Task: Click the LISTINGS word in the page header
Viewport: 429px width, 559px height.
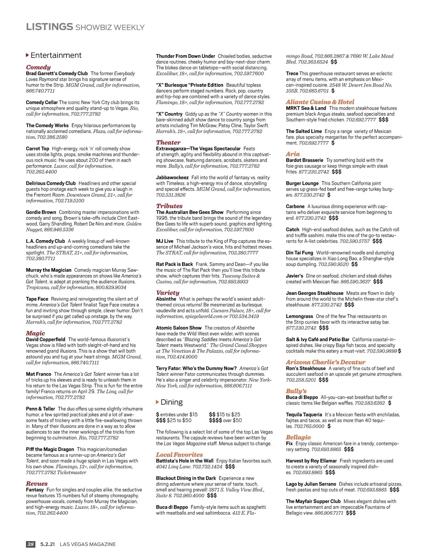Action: tap(49, 27)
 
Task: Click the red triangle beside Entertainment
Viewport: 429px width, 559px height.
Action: tap(28, 55)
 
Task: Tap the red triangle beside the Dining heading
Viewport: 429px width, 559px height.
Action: tap(158, 402)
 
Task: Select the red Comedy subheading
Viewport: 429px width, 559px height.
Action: tap(38, 67)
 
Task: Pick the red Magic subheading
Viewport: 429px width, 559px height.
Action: tap(35, 333)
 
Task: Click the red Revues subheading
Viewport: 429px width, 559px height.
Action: tap(36, 484)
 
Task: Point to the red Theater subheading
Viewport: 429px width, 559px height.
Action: tap(168, 142)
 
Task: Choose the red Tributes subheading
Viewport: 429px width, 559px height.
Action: tap(169, 206)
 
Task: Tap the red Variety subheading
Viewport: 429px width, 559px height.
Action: tap(168, 293)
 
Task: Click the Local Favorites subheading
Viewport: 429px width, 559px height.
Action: tap(179, 455)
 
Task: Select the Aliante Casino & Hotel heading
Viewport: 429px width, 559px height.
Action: tap(320, 102)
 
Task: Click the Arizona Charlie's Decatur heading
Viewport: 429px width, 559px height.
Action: tap(325, 362)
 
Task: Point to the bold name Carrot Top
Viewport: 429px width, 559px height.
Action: tap(38, 149)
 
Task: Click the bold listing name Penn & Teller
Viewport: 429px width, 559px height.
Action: tap(40, 409)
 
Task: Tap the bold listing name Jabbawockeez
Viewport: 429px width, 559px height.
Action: tap(172, 178)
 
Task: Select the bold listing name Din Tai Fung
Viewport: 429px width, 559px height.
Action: tap(299, 253)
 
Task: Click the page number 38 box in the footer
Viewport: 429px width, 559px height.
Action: tap(31, 544)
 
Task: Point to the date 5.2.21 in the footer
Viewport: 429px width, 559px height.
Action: tap(48, 544)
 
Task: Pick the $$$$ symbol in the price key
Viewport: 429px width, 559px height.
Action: tap(215, 420)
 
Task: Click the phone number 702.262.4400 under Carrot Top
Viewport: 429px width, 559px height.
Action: tap(41, 172)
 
